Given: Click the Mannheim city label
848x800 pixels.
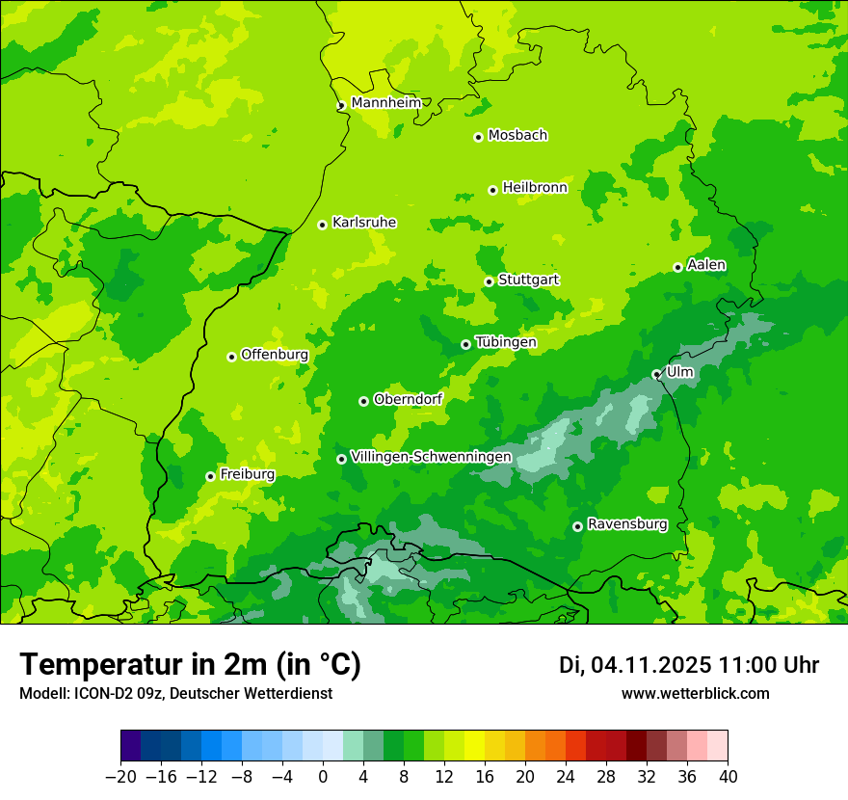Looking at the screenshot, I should pyautogui.click(x=385, y=103).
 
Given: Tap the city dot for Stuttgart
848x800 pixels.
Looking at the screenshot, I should pyautogui.click(x=489, y=281).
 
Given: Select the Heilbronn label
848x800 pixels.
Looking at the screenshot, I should pyautogui.click(x=535, y=188).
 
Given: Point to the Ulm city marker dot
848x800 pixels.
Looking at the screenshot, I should pyautogui.click(x=656, y=374).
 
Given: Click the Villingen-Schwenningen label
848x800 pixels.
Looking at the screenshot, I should pyautogui.click(x=432, y=457).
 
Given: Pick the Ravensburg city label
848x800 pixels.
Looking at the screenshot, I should pyautogui.click(x=627, y=524).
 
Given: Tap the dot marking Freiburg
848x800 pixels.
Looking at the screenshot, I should pyautogui.click(x=210, y=476).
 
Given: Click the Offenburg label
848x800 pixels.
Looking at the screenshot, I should pyautogui.click(x=275, y=355).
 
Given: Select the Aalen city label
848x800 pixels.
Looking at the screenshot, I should pyautogui.click(x=706, y=265).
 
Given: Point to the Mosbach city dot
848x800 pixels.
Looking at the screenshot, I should pyautogui.click(x=478, y=137).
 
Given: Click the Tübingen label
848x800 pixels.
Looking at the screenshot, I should pyautogui.click(x=506, y=342).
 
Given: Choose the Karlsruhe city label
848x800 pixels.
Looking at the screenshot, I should pyautogui.click(x=364, y=223).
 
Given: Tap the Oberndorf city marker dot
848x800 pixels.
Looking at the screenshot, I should pyautogui.click(x=363, y=401).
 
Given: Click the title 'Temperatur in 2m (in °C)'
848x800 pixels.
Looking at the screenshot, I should pyautogui.click(x=190, y=664).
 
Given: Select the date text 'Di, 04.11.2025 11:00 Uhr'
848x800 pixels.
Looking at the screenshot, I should pyautogui.click(x=689, y=665).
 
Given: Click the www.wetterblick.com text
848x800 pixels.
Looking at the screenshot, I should pyautogui.click(x=696, y=693).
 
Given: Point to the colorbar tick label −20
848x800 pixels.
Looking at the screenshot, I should pyautogui.click(x=120, y=777).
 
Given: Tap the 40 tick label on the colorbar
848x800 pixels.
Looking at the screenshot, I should pyautogui.click(x=728, y=777).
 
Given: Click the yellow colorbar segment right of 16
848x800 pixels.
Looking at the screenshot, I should pyautogui.click(x=494, y=746).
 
